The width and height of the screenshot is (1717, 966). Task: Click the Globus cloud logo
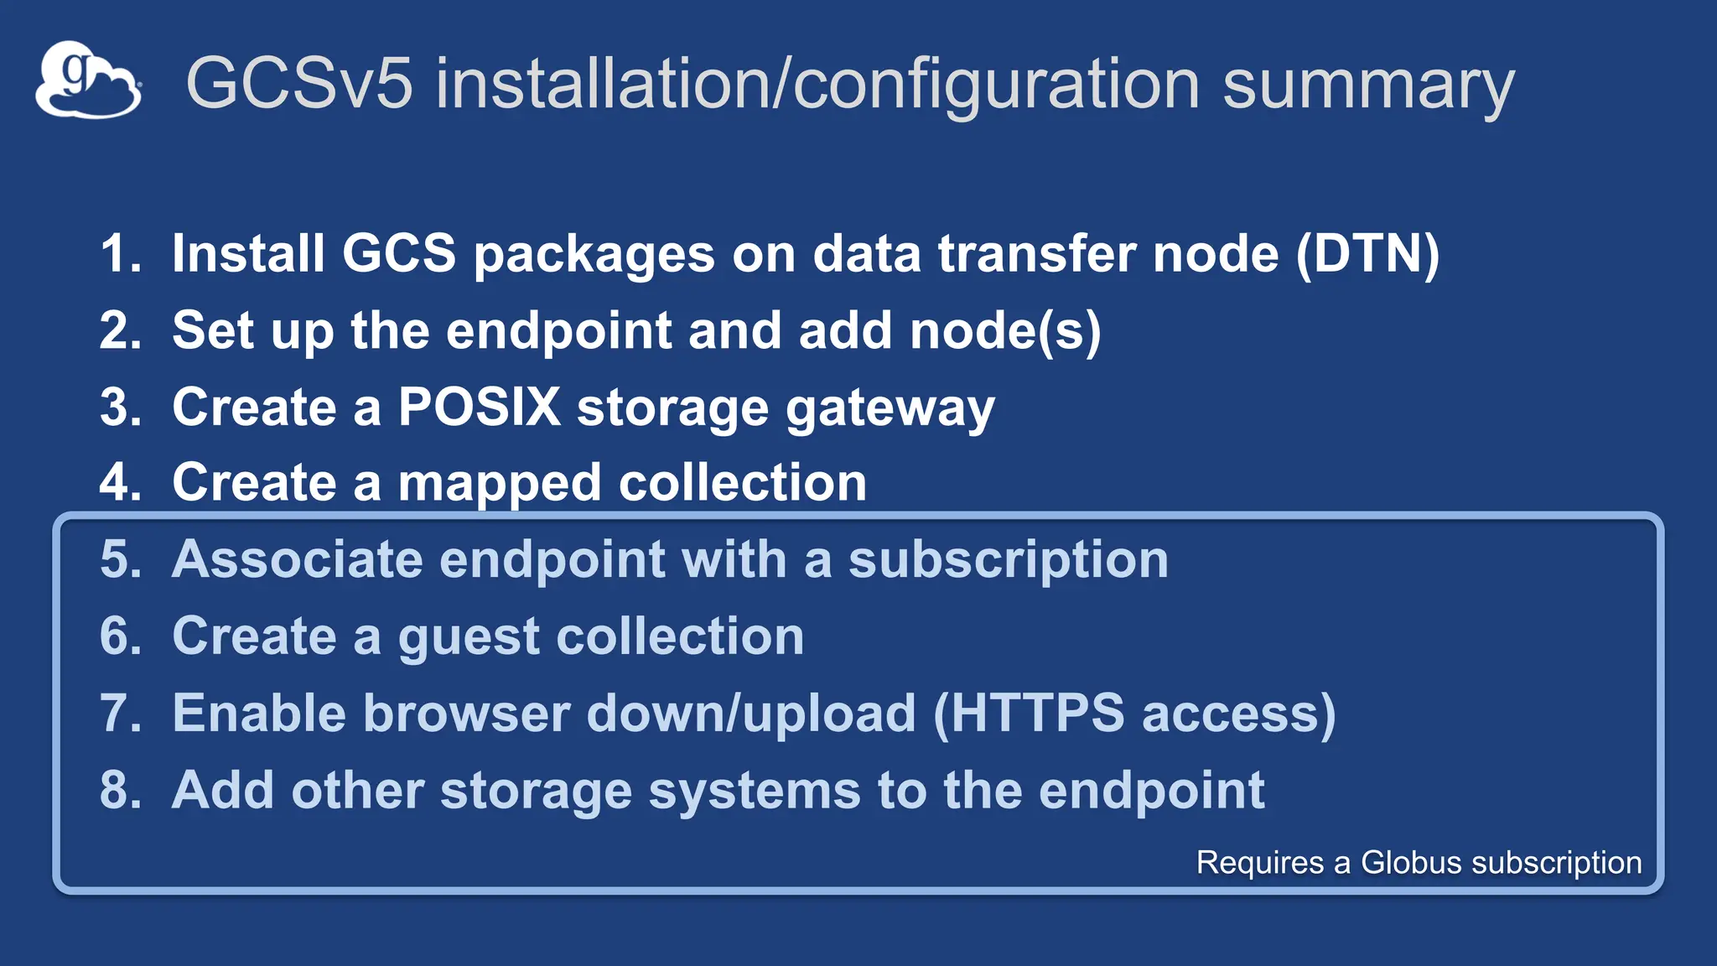pos(88,80)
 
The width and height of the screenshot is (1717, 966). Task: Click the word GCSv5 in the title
pos(299,83)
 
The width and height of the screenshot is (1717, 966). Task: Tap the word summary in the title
pos(1367,85)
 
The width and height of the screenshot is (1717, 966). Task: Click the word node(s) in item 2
pos(1005,330)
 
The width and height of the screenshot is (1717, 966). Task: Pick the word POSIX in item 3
pos(479,408)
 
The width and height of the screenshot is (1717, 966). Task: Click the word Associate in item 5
pos(297,560)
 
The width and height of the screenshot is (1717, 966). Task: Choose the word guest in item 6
pos(467,638)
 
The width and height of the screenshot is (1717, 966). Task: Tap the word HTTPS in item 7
pos(1036,714)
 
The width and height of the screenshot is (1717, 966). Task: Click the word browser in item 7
pos(466,714)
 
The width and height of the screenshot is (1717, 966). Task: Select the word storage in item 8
pos(535,792)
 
